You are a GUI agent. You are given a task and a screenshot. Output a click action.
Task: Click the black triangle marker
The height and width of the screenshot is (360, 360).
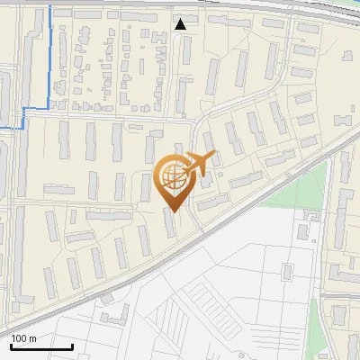[181, 24]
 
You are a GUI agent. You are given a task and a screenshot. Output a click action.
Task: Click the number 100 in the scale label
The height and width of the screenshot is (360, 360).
[21, 338]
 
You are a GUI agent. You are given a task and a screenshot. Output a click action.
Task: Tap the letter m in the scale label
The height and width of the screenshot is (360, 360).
[33, 338]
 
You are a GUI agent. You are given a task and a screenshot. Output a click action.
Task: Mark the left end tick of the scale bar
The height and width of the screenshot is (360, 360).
[11, 346]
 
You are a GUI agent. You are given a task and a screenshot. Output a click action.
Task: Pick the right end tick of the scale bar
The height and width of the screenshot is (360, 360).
[72, 346]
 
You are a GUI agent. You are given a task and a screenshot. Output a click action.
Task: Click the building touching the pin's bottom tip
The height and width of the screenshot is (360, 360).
[171, 221]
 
